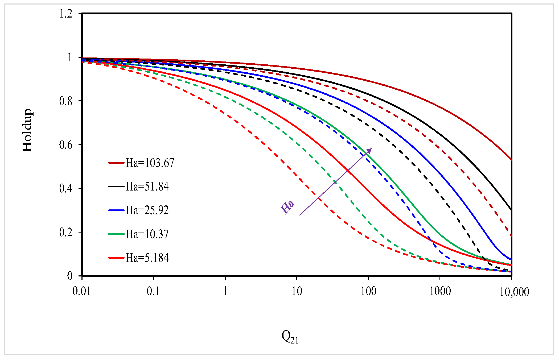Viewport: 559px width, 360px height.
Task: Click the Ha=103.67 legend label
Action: click(150, 163)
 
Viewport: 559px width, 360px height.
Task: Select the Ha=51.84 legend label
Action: click(147, 187)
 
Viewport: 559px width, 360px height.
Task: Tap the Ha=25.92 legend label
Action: click(147, 210)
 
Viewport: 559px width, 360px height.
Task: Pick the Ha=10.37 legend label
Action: click(147, 234)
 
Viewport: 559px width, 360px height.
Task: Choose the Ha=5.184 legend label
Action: click(147, 258)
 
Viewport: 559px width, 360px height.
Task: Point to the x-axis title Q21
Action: click(290, 337)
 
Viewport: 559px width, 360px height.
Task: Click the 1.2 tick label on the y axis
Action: click(66, 14)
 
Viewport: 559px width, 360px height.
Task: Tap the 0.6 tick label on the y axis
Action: click(66, 145)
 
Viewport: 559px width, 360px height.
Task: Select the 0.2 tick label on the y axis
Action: click(66, 233)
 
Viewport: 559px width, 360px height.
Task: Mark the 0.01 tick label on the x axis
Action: click(82, 291)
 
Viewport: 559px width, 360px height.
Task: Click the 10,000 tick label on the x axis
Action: click(514, 292)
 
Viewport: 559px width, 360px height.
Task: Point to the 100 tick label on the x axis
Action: click(368, 291)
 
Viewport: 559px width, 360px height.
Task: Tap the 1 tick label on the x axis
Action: click(225, 291)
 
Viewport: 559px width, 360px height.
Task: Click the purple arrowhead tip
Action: click(371, 149)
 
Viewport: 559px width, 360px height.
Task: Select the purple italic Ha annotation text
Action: click(287, 207)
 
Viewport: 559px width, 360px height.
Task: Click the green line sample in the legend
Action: click(116, 234)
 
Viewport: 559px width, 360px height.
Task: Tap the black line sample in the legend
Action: click(116, 187)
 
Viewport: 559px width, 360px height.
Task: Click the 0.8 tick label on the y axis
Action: click(66, 101)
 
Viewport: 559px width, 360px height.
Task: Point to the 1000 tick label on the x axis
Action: click(440, 291)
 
